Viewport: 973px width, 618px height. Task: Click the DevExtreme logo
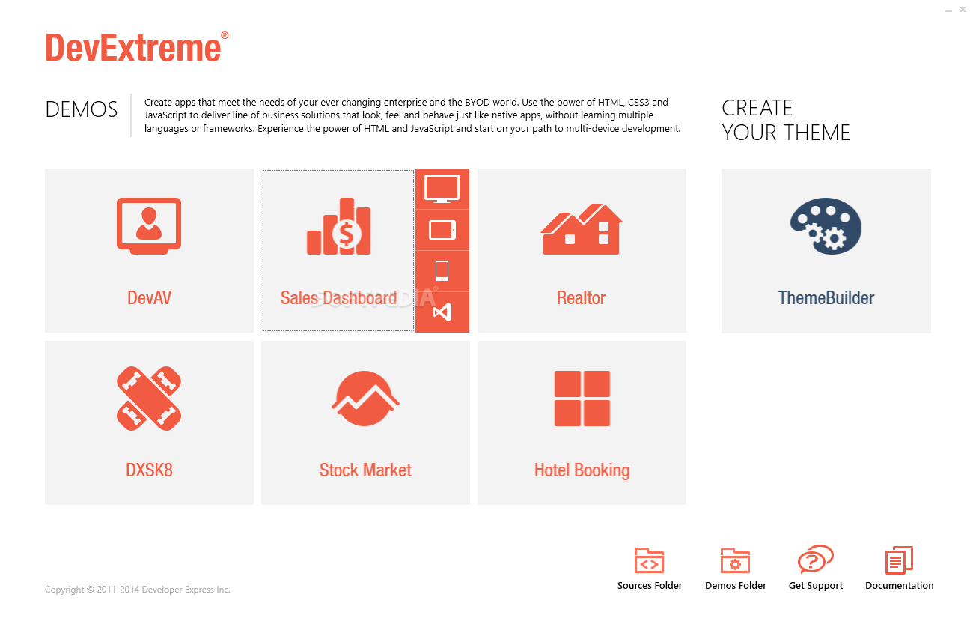[x=137, y=47]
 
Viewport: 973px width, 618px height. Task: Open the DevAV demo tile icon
[x=149, y=226]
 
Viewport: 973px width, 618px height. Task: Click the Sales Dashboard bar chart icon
[x=339, y=226]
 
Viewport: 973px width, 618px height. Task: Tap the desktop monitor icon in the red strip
[x=442, y=189]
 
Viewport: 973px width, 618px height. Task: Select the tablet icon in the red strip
[x=442, y=230]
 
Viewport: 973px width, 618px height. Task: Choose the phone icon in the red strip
[x=442, y=270]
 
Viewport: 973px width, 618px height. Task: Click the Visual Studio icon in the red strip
[x=442, y=312]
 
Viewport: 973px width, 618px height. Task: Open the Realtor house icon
[x=582, y=229]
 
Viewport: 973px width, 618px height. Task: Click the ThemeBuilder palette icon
[x=826, y=226]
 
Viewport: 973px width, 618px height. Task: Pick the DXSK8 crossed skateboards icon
[x=149, y=399]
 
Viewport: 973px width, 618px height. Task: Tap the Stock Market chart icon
[x=365, y=399]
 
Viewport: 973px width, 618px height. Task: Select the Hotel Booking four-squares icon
[x=582, y=399]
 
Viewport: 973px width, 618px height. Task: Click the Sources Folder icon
[x=649, y=560]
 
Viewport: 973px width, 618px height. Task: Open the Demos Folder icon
[x=735, y=560]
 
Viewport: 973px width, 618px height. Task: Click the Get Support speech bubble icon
[x=815, y=559]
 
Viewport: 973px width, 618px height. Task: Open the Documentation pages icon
[x=899, y=560]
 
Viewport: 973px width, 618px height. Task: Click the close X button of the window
[x=963, y=9]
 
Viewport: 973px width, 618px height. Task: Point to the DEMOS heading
[x=82, y=109]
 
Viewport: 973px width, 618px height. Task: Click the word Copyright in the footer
[x=64, y=590]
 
